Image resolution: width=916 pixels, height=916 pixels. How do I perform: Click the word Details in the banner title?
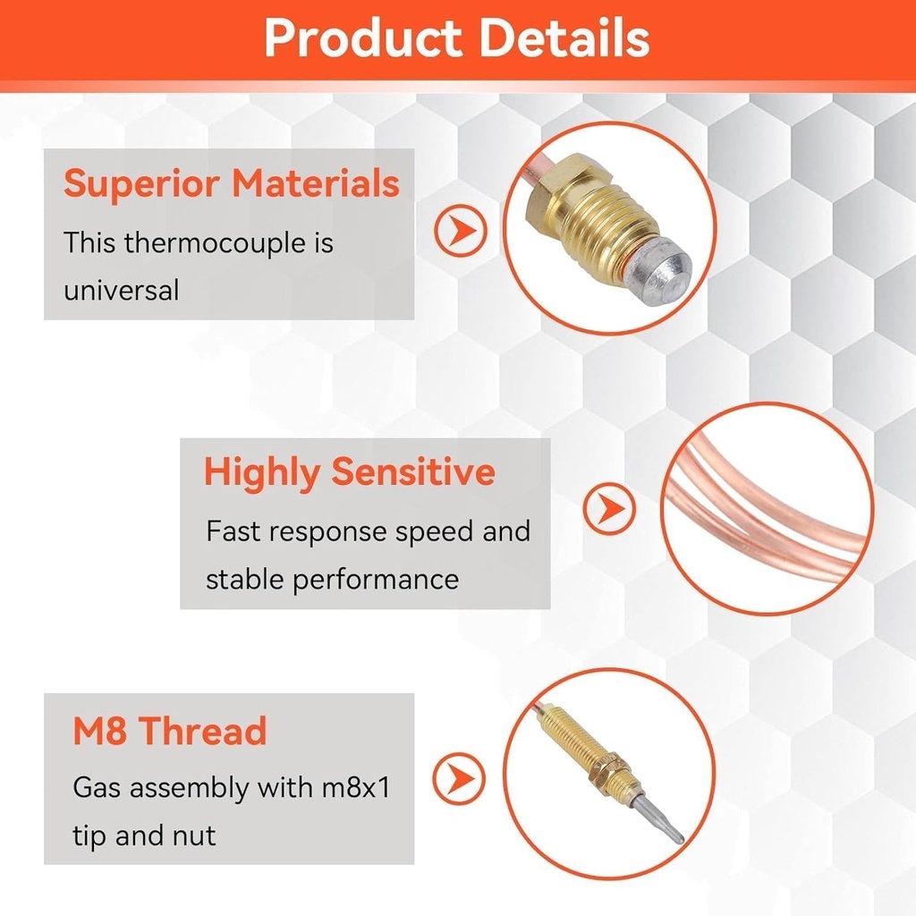563,38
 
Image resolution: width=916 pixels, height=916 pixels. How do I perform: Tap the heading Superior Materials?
231,184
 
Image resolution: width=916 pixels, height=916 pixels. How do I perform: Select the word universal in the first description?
122,290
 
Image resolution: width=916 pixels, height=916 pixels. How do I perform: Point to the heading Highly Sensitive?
349,471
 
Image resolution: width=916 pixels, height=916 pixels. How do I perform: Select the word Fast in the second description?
233,530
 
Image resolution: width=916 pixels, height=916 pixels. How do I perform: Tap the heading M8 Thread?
169,731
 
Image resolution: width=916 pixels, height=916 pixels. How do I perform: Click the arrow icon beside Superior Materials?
460,231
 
